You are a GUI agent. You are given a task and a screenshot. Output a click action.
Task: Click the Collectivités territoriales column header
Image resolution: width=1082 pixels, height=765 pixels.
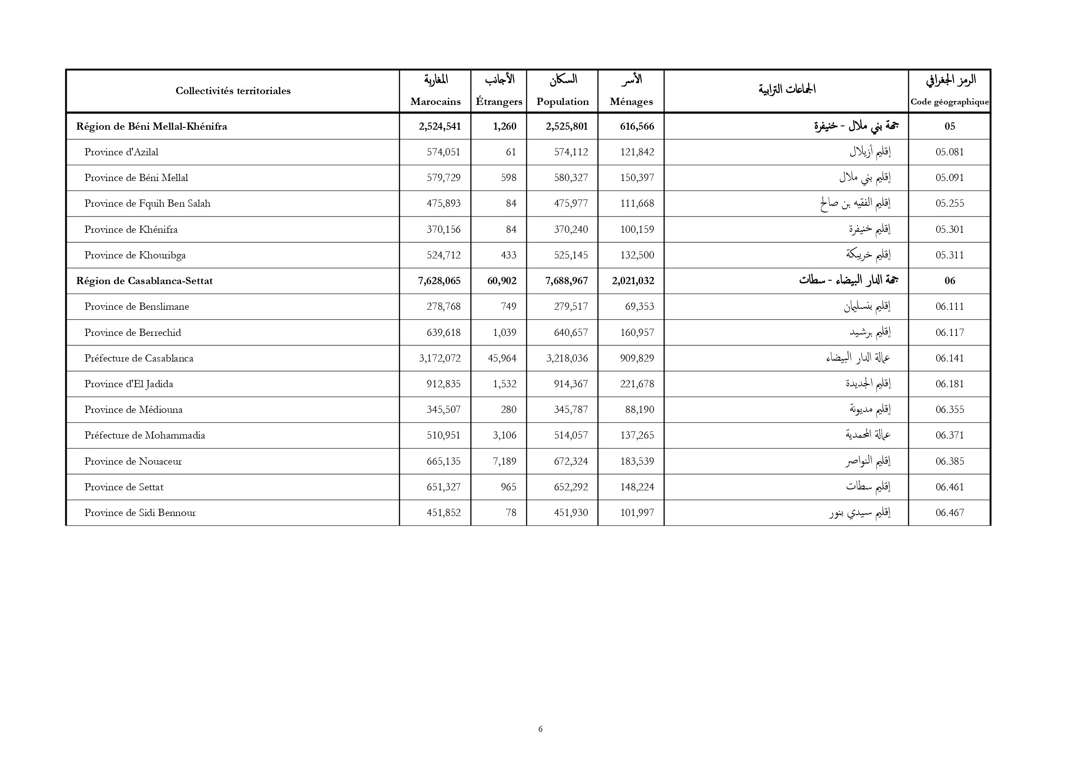pyautogui.click(x=233, y=91)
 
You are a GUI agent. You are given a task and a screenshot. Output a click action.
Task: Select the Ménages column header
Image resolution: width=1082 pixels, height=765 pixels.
pyautogui.click(x=631, y=101)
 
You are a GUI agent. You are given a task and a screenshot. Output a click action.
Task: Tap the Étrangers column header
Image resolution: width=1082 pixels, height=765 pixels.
pyautogui.click(x=499, y=101)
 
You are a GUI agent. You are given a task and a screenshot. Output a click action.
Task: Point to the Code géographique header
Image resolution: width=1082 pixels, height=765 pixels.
pyautogui.click(x=949, y=102)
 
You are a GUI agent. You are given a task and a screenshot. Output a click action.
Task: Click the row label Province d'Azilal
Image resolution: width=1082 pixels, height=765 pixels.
pyautogui.click(x=121, y=152)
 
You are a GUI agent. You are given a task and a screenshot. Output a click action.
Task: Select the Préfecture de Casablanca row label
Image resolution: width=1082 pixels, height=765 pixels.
pyautogui.click(x=139, y=358)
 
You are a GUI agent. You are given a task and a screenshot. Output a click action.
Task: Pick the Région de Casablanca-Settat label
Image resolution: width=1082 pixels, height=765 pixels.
pyautogui.click(x=144, y=281)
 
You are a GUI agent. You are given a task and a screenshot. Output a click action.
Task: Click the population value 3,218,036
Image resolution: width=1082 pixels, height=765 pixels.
pyautogui.click(x=567, y=358)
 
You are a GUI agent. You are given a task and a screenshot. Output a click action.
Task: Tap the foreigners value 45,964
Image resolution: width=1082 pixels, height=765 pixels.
pyautogui.click(x=502, y=358)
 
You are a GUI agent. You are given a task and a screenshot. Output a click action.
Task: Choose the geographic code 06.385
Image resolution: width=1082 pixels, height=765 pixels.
pyautogui.click(x=950, y=462)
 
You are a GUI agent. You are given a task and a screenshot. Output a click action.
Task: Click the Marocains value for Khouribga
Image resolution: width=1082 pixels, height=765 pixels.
pyautogui.click(x=443, y=255)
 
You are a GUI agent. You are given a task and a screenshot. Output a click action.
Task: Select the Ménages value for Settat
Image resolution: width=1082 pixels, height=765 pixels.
pyautogui.click(x=637, y=487)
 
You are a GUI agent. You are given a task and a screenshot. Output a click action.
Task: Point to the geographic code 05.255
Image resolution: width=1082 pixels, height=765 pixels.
pyautogui.click(x=950, y=204)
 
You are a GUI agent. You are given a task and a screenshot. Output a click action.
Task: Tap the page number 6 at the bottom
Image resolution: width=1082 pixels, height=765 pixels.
pyautogui.click(x=541, y=729)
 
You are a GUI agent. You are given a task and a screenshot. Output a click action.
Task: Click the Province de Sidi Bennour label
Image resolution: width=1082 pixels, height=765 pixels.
pyautogui.click(x=140, y=513)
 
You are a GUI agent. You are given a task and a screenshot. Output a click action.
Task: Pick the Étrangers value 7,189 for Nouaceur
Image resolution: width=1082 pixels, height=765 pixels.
pyautogui.click(x=504, y=462)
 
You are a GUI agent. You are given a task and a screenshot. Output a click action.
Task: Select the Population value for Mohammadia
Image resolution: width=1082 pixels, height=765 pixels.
pyautogui.click(x=571, y=435)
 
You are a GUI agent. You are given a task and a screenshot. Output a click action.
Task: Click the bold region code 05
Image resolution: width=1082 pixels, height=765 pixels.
pyautogui.click(x=950, y=127)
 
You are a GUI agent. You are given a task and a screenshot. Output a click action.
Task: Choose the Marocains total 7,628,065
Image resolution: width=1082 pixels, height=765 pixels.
pyautogui.click(x=439, y=281)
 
